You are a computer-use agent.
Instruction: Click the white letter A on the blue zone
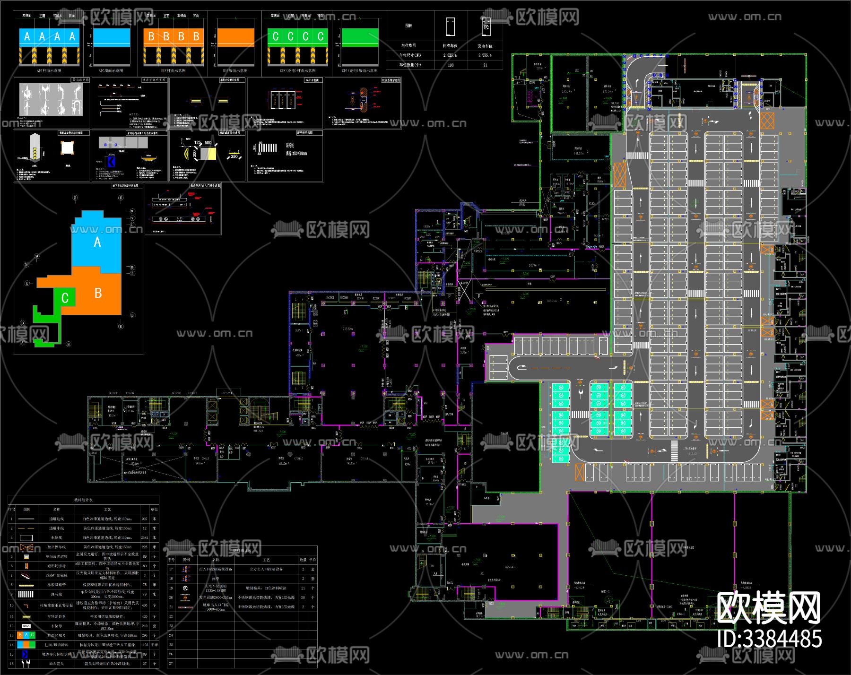[97, 242]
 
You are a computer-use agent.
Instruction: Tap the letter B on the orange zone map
[98, 293]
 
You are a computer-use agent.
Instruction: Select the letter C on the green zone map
[65, 298]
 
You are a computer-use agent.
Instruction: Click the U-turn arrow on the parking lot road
[522, 367]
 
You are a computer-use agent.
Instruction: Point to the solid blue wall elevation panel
[112, 38]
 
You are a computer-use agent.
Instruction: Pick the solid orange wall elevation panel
[236, 38]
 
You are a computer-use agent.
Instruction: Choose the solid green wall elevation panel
[360, 38]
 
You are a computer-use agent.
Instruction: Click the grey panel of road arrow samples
[51, 99]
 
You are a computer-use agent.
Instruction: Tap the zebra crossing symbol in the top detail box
[267, 148]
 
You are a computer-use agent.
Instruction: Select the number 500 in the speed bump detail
[208, 143]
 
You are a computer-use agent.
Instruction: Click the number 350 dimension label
[234, 156]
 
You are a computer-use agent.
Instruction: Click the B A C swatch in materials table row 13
[26, 635]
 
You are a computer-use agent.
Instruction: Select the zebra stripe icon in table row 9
[26, 594]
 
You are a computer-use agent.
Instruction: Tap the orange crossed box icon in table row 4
[26, 547]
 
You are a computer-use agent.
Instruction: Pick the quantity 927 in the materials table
[145, 519]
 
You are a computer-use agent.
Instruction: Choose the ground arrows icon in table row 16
[26, 664]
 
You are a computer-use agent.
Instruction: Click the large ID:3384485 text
[770, 639]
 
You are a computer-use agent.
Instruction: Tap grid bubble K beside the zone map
[27, 283]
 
